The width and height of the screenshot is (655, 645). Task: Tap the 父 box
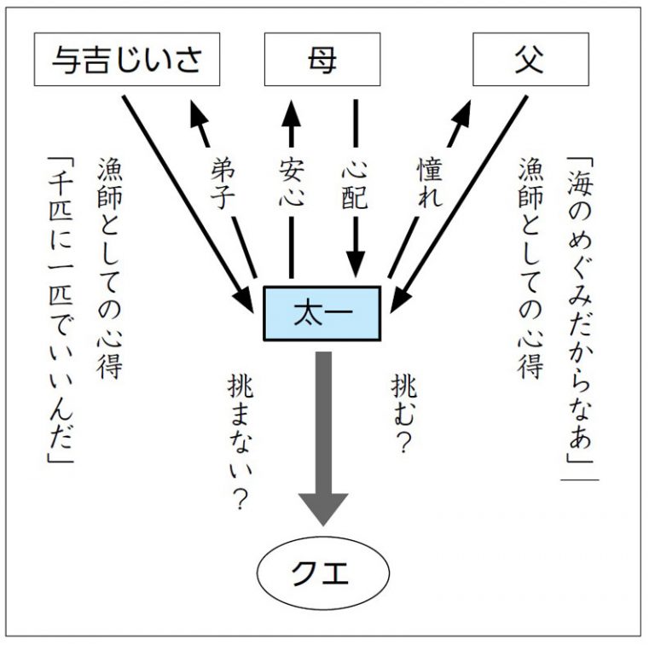click(531, 61)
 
